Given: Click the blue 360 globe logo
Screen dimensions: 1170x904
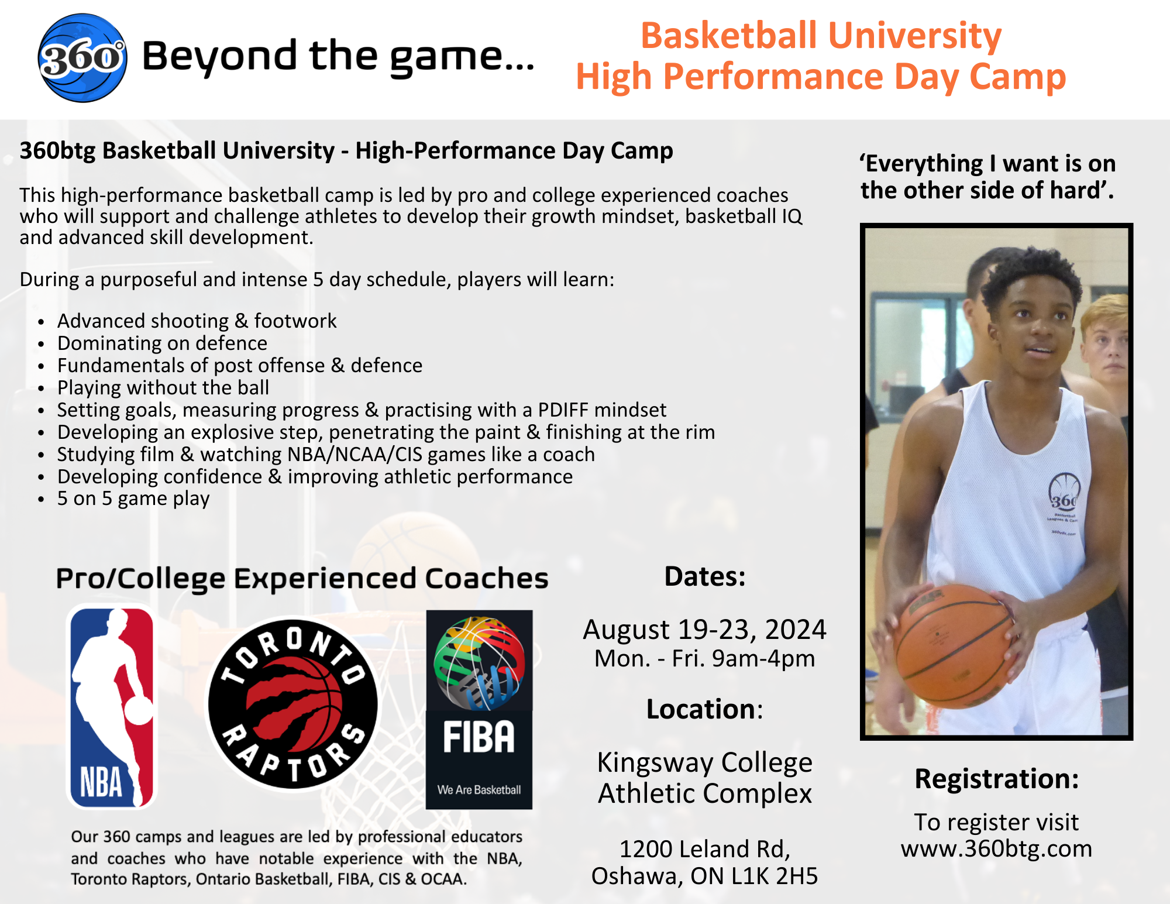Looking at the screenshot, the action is (x=82, y=58).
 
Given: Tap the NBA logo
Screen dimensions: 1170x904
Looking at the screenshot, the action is (x=112, y=707).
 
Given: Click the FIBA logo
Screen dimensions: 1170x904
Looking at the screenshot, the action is (x=479, y=710).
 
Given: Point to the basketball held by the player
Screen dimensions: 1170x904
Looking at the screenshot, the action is (x=955, y=645).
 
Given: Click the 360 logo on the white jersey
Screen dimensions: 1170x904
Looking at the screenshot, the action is (x=1064, y=497).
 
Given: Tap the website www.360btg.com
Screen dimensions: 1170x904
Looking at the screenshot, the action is (x=996, y=848).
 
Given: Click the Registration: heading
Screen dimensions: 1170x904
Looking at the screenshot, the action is (x=996, y=779).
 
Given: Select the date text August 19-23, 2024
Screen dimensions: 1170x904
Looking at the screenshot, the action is (x=704, y=630).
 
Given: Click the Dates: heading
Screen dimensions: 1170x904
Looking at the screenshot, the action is (x=704, y=577).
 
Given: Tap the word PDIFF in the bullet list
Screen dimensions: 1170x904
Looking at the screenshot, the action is (x=563, y=410).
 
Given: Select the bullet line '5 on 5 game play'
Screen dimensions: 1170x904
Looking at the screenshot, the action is (x=133, y=499).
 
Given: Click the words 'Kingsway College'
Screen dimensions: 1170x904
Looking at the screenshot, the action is (x=704, y=763).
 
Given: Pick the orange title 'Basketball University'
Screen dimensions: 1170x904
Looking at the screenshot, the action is (x=821, y=35).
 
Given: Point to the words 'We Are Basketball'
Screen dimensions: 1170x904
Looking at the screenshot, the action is (x=479, y=790).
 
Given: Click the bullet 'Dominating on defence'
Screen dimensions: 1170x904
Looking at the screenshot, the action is (x=162, y=343).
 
